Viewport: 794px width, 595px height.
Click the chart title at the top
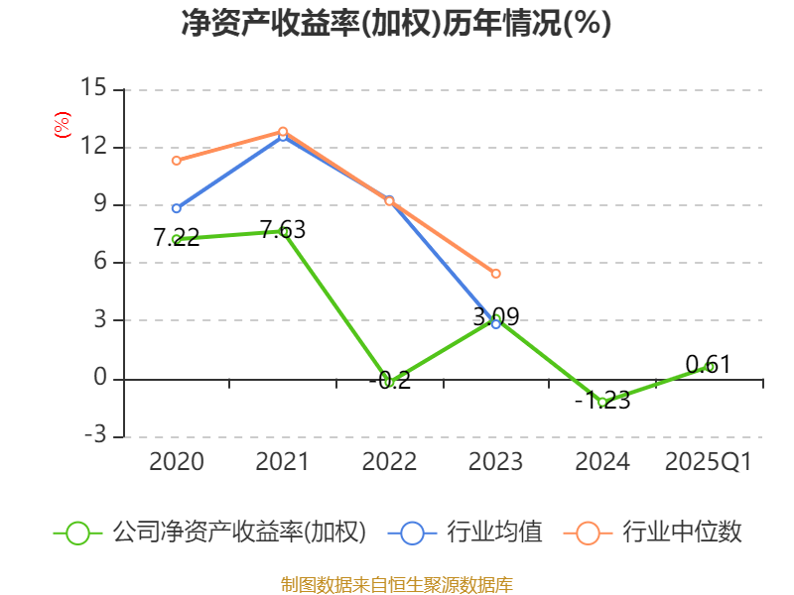(396, 23)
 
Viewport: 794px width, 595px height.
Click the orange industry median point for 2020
(177, 161)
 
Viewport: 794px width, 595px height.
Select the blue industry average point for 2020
(177, 208)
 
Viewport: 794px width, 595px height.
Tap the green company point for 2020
(177, 239)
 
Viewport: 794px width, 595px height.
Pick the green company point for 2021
(283, 231)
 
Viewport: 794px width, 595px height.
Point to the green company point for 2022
(389, 381)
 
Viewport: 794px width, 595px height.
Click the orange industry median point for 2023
(496, 274)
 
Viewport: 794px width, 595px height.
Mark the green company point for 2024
(602, 402)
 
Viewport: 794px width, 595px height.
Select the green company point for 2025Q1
(709, 366)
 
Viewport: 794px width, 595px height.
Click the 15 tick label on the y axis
(93, 89)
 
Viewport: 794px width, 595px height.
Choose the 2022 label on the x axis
(389, 462)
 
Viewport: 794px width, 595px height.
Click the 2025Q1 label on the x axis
(709, 462)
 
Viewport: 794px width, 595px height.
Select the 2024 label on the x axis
(602, 462)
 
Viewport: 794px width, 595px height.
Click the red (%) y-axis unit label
(62, 125)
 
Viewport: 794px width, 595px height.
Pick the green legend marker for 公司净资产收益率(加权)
(78, 533)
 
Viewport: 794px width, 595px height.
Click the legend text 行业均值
(495, 533)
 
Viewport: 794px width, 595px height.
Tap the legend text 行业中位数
(682, 533)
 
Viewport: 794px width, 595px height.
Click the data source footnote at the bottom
(396, 584)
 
